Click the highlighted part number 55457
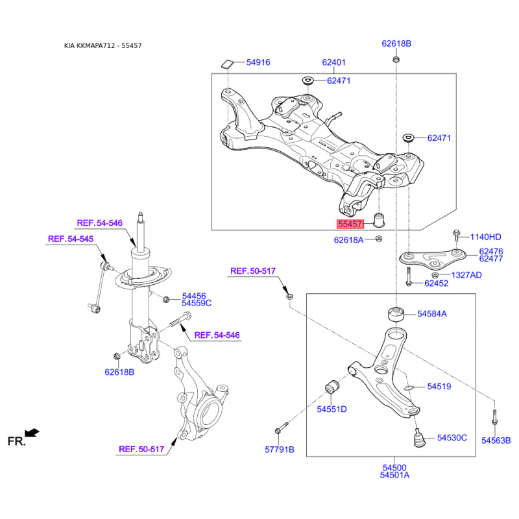[x=350, y=224]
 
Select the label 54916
[x=258, y=62]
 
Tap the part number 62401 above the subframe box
[x=333, y=62]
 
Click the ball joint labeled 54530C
[x=420, y=437]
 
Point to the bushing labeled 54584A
[x=396, y=314]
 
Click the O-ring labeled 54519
[x=409, y=387]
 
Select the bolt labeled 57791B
[x=282, y=428]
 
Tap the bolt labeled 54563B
[x=494, y=416]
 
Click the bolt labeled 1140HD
[x=457, y=235]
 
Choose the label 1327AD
[x=466, y=275]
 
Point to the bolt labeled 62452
[x=409, y=277]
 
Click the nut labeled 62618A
[x=379, y=238]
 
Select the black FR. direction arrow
[x=32, y=433]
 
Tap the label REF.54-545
[x=71, y=239]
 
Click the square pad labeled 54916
[x=228, y=64]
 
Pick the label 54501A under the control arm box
[x=394, y=476]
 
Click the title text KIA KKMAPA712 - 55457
[x=103, y=45]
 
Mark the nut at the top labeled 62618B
[x=396, y=60]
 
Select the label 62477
[x=491, y=259]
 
